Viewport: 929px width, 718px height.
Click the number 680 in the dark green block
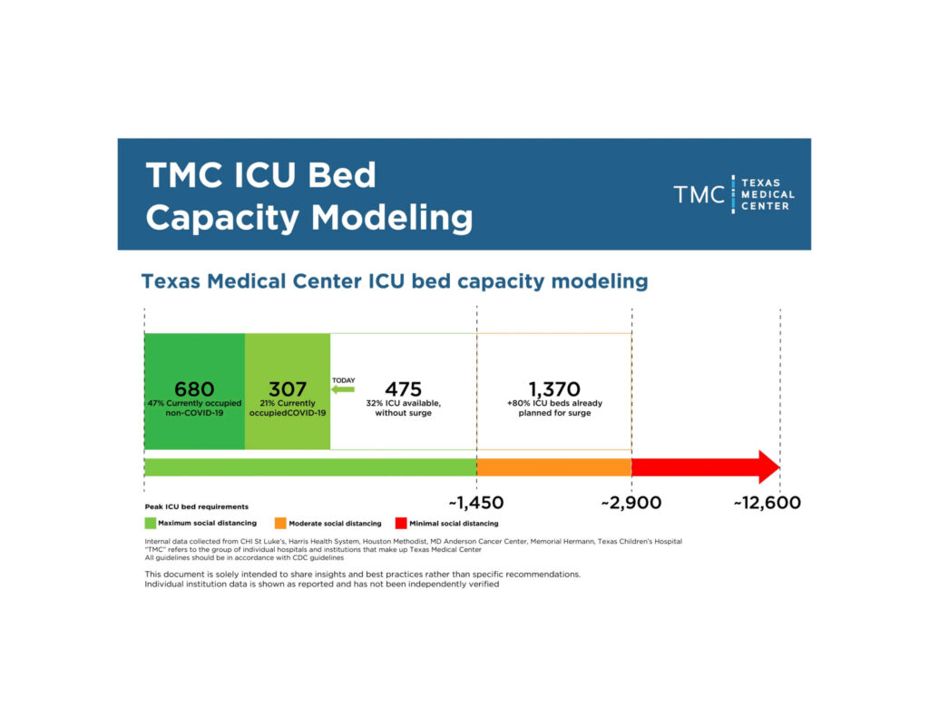194,389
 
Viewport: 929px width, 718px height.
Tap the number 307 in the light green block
288,389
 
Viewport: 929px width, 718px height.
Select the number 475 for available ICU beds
404,389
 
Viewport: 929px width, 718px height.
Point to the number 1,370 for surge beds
554,389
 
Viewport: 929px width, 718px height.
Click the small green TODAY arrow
342,389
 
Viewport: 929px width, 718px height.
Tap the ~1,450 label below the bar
476,503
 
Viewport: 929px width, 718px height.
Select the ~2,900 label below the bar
631,503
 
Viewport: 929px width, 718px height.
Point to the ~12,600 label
767,503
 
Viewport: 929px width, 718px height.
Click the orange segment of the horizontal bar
553,467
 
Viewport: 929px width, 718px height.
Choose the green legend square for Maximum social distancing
151,523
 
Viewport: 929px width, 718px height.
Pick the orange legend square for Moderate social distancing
280,523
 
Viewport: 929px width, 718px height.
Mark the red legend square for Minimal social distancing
401,523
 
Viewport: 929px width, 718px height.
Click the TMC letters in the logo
699,194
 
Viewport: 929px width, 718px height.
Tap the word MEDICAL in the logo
768,194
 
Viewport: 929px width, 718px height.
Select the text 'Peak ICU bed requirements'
196,507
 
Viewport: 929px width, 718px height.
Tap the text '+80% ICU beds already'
554,403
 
